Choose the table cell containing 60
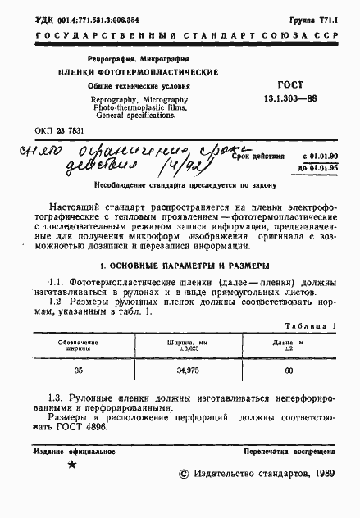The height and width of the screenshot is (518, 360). pyautogui.click(x=288, y=370)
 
